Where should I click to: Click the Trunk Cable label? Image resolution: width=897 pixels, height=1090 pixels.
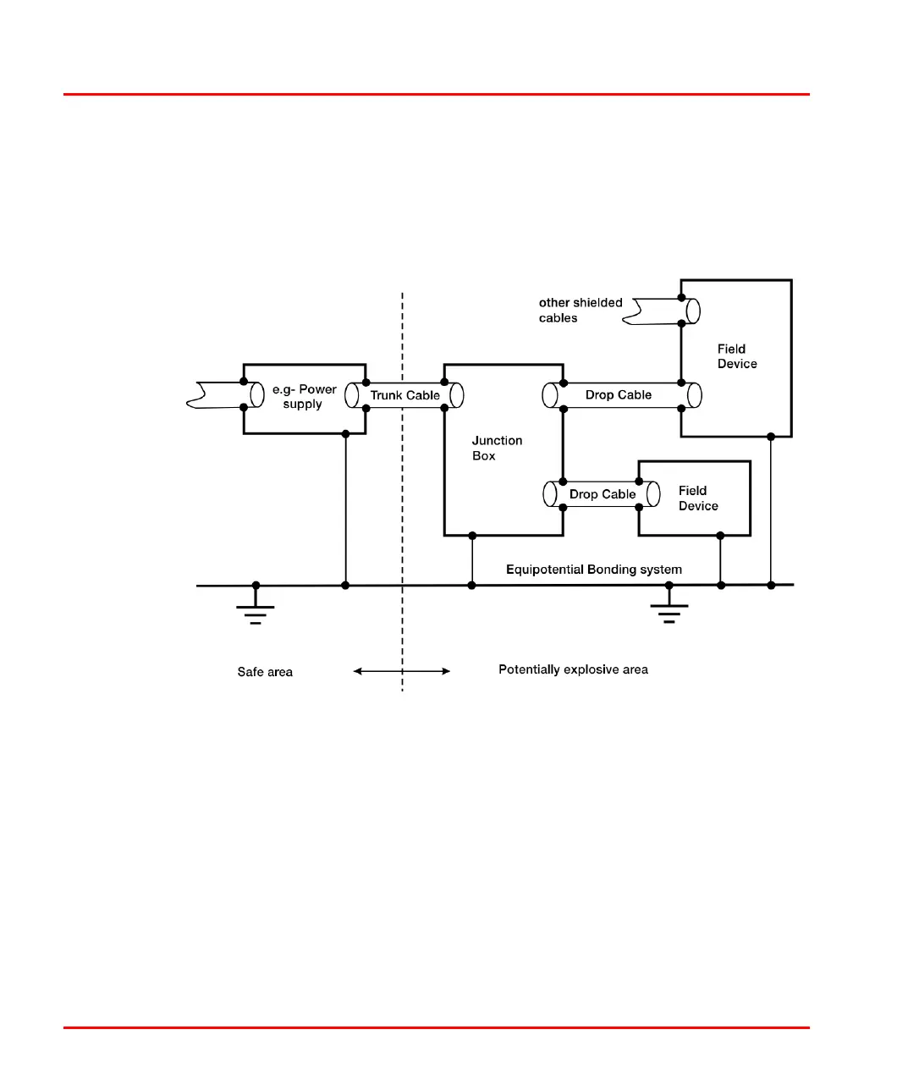click(x=404, y=395)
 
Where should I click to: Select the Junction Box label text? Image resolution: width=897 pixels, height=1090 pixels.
click(x=497, y=448)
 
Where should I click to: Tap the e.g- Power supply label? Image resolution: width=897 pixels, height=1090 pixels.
click(x=304, y=396)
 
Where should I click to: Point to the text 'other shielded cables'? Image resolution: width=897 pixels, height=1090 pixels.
click(x=580, y=310)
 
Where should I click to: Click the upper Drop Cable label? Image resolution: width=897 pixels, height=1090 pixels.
click(x=618, y=395)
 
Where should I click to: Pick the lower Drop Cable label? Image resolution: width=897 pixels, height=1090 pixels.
click(x=602, y=494)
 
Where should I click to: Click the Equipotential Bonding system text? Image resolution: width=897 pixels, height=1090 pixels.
click(x=593, y=570)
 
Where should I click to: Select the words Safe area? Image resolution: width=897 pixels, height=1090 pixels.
click(x=265, y=672)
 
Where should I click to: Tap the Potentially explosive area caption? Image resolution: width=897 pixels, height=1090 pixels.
click(x=573, y=669)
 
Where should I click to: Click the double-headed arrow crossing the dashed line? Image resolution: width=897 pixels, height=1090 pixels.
click(x=402, y=671)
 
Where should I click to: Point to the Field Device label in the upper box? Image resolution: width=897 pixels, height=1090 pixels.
click(x=736, y=356)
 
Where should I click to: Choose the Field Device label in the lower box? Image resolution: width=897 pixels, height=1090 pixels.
click(x=697, y=498)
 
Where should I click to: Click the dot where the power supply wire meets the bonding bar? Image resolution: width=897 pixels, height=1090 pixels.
click(x=345, y=585)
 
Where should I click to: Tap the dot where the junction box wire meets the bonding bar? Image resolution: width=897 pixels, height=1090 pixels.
click(x=472, y=585)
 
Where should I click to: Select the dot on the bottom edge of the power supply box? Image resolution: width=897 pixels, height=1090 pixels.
click(x=345, y=434)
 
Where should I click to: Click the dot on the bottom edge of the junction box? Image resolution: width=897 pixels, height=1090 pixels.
click(x=472, y=536)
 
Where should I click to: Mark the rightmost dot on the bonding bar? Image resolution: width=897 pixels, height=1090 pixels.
click(x=771, y=585)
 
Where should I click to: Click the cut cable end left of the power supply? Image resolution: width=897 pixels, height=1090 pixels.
click(x=200, y=395)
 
